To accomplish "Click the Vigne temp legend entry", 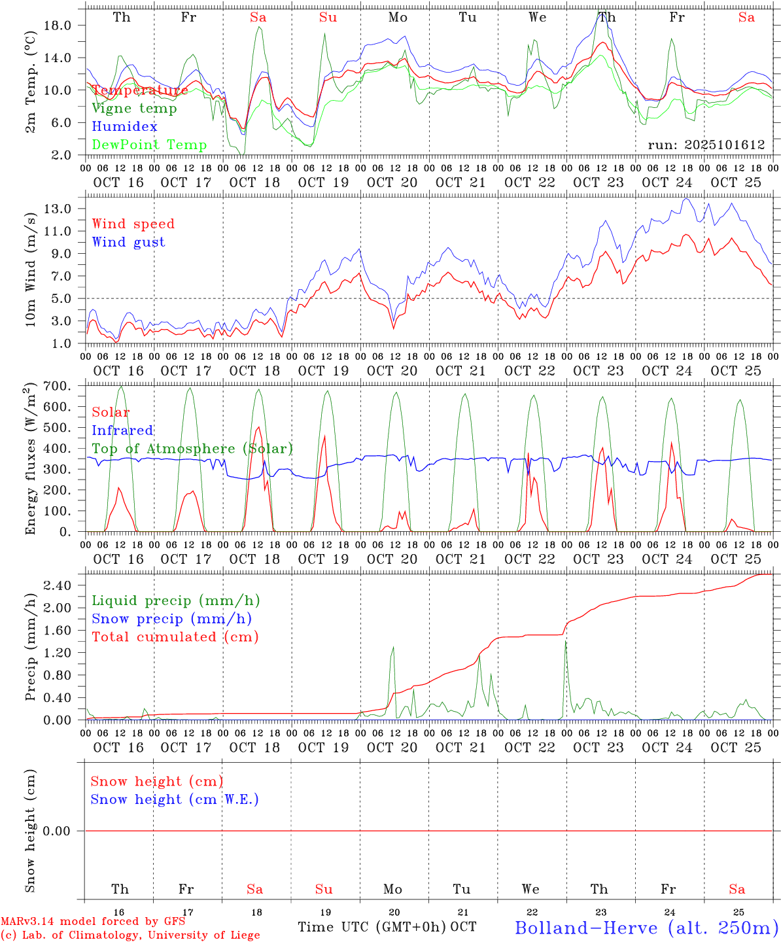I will point(134,109).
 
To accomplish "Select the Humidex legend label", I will point(124,127).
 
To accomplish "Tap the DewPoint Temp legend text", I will point(149,145).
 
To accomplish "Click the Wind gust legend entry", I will point(128,242).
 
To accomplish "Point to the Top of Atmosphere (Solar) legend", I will point(192,449).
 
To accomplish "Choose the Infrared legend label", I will point(122,430).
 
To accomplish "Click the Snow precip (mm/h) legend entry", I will point(171,619).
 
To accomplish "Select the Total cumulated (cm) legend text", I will point(175,637).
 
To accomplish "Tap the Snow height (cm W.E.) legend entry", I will point(175,799).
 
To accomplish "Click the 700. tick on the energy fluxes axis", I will point(56,386).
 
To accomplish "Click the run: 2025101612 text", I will point(706,145).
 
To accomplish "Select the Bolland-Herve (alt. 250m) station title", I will point(646,928).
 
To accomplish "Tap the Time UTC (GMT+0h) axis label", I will point(372,927).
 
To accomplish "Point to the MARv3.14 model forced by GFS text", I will point(93,922).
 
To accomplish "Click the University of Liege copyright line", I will point(130,935).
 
